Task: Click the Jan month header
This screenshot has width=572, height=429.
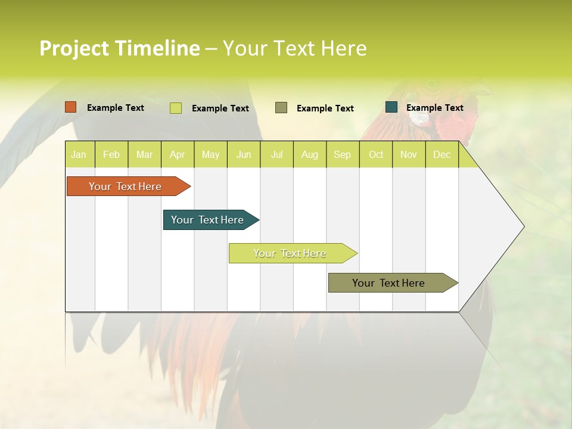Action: point(79,154)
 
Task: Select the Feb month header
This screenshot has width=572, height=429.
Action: point(111,154)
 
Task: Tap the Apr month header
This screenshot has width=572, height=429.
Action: point(177,154)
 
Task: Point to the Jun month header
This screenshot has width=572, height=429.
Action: point(244,154)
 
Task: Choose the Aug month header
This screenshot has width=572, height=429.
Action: point(309,154)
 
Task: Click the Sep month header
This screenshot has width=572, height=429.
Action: point(342,154)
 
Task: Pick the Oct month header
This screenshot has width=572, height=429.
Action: point(376,154)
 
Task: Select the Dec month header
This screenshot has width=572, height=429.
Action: point(442,154)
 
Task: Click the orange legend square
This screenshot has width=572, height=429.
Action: point(71,107)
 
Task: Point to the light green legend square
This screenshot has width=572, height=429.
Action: point(175,108)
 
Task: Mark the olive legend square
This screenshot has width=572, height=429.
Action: point(281,107)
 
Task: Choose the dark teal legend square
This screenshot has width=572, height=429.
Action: point(391,107)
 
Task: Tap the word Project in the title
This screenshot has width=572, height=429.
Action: point(74,48)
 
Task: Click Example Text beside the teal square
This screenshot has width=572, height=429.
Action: point(434,108)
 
